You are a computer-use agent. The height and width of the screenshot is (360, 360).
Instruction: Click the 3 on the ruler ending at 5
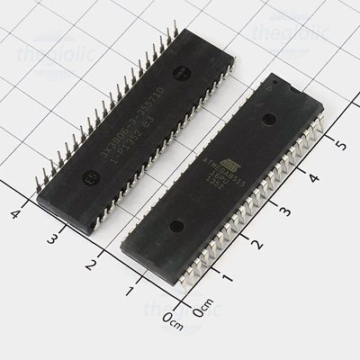coord(284,211)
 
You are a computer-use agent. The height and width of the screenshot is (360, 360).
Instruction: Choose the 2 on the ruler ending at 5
coord(256,244)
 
